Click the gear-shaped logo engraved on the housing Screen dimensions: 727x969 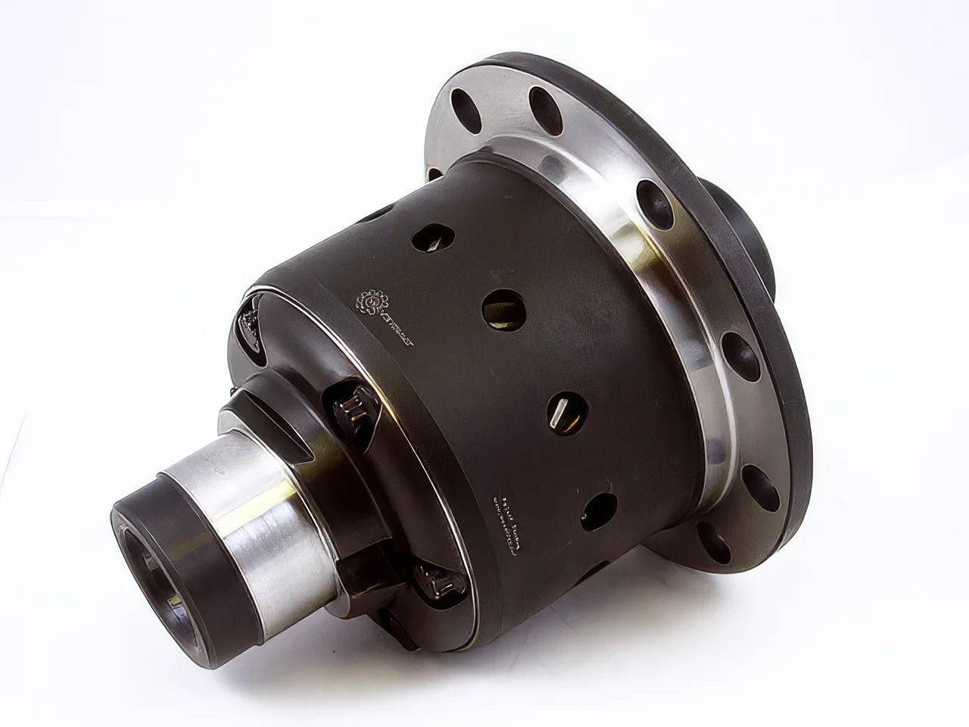click(370, 302)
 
